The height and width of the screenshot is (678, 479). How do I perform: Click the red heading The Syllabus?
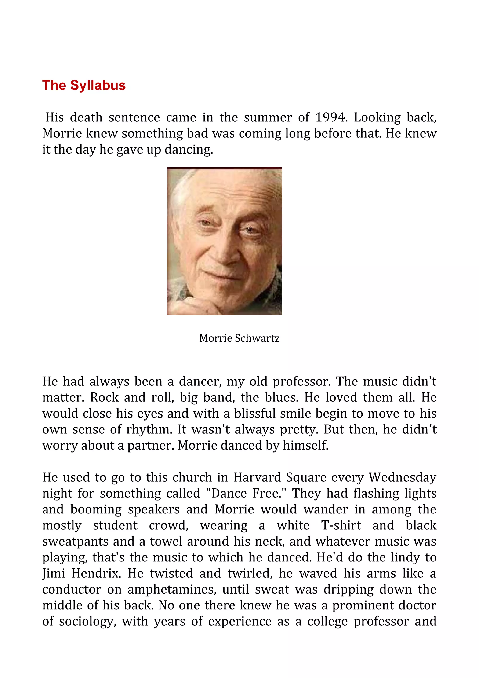pyautogui.click(x=84, y=85)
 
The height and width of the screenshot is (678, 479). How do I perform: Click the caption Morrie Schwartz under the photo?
pyautogui.click(x=239, y=338)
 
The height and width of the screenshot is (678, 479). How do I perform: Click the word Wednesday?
pyautogui.click(x=402, y=477)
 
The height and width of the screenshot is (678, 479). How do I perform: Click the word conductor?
pyautogui.click(x=72, y=589)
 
